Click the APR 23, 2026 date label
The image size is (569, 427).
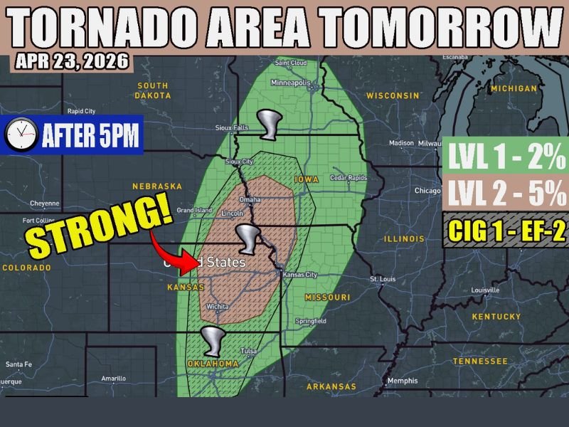click(71, 62)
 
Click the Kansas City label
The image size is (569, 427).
click(299, 275)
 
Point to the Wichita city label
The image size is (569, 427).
click(217, 307)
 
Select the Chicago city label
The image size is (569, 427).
click(428, 191)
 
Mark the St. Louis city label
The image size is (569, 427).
click(383, 280)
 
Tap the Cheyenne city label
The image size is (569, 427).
click(45, 203)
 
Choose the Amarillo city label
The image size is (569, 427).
click(113, 379)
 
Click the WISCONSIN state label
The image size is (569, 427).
click(393, 95)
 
